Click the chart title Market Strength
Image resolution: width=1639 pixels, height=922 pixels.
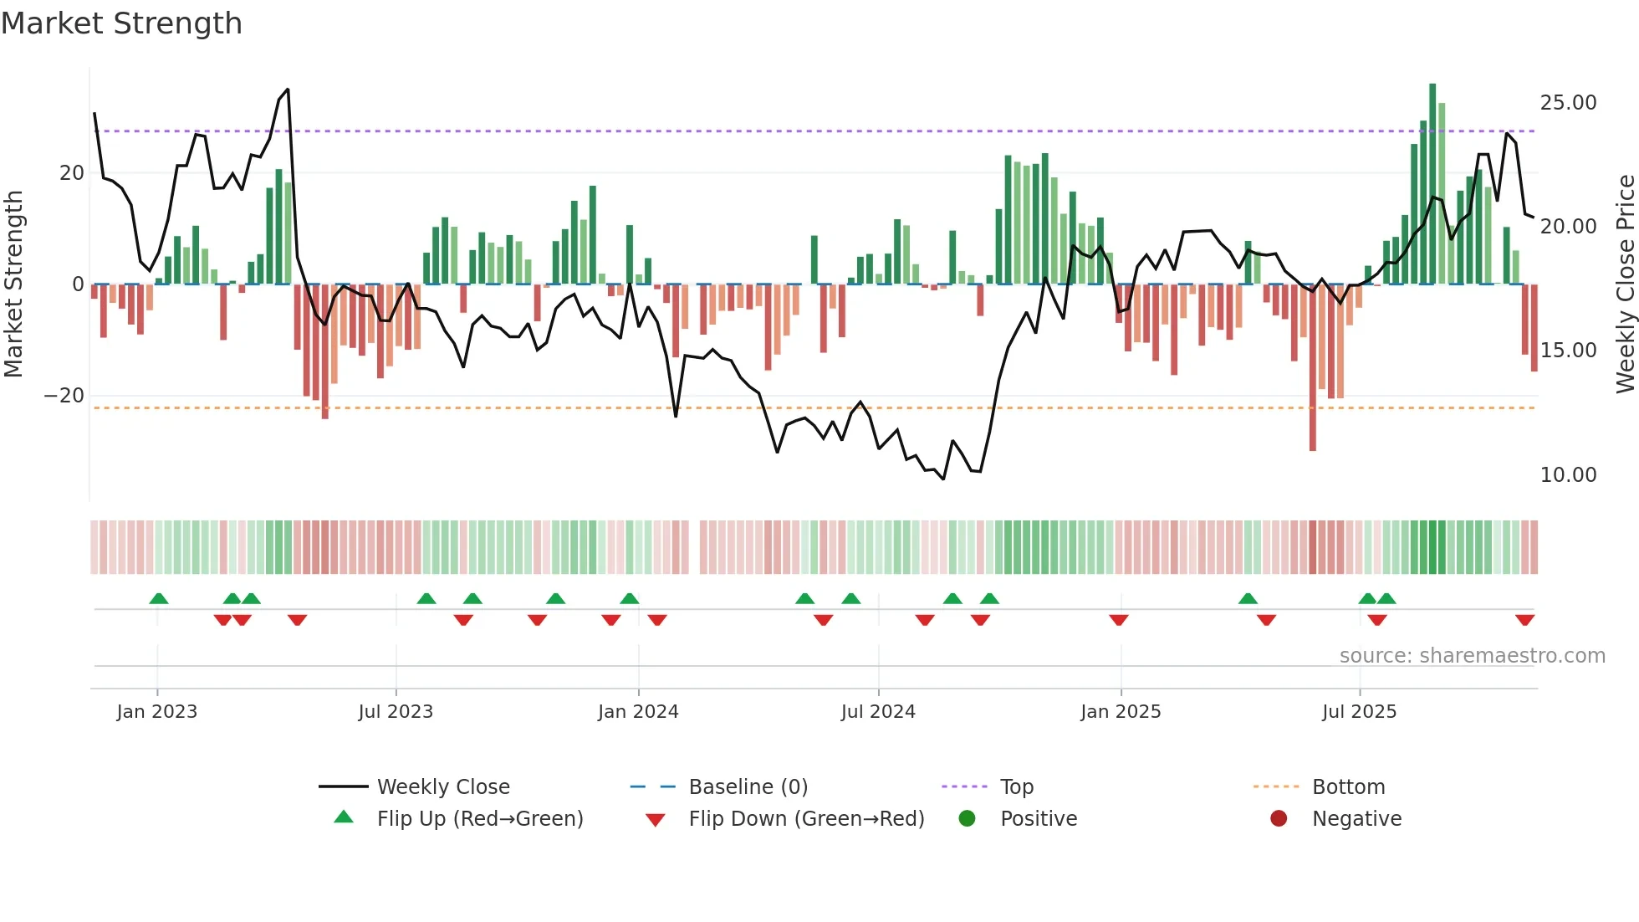click(121, 23)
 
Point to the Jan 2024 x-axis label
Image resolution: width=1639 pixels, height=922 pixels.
click(638, 712)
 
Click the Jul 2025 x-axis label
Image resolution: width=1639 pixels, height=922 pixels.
click(1359, 712)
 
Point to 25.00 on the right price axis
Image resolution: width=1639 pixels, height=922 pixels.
click(1568, 103)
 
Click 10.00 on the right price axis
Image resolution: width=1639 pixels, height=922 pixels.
click(1568, 475)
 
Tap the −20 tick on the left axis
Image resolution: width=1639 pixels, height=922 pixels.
click(64, 396)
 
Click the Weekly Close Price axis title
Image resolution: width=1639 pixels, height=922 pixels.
click(1625, 284)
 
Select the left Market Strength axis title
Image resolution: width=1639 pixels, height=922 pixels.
click(13, 284)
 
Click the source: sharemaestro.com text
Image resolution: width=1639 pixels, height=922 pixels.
click(1472, 656)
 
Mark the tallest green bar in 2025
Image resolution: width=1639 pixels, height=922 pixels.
click(1432, 184)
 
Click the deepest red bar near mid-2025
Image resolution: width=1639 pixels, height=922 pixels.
click(1313, 368)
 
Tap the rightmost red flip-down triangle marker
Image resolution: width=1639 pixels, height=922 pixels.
click(1524, 620)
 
